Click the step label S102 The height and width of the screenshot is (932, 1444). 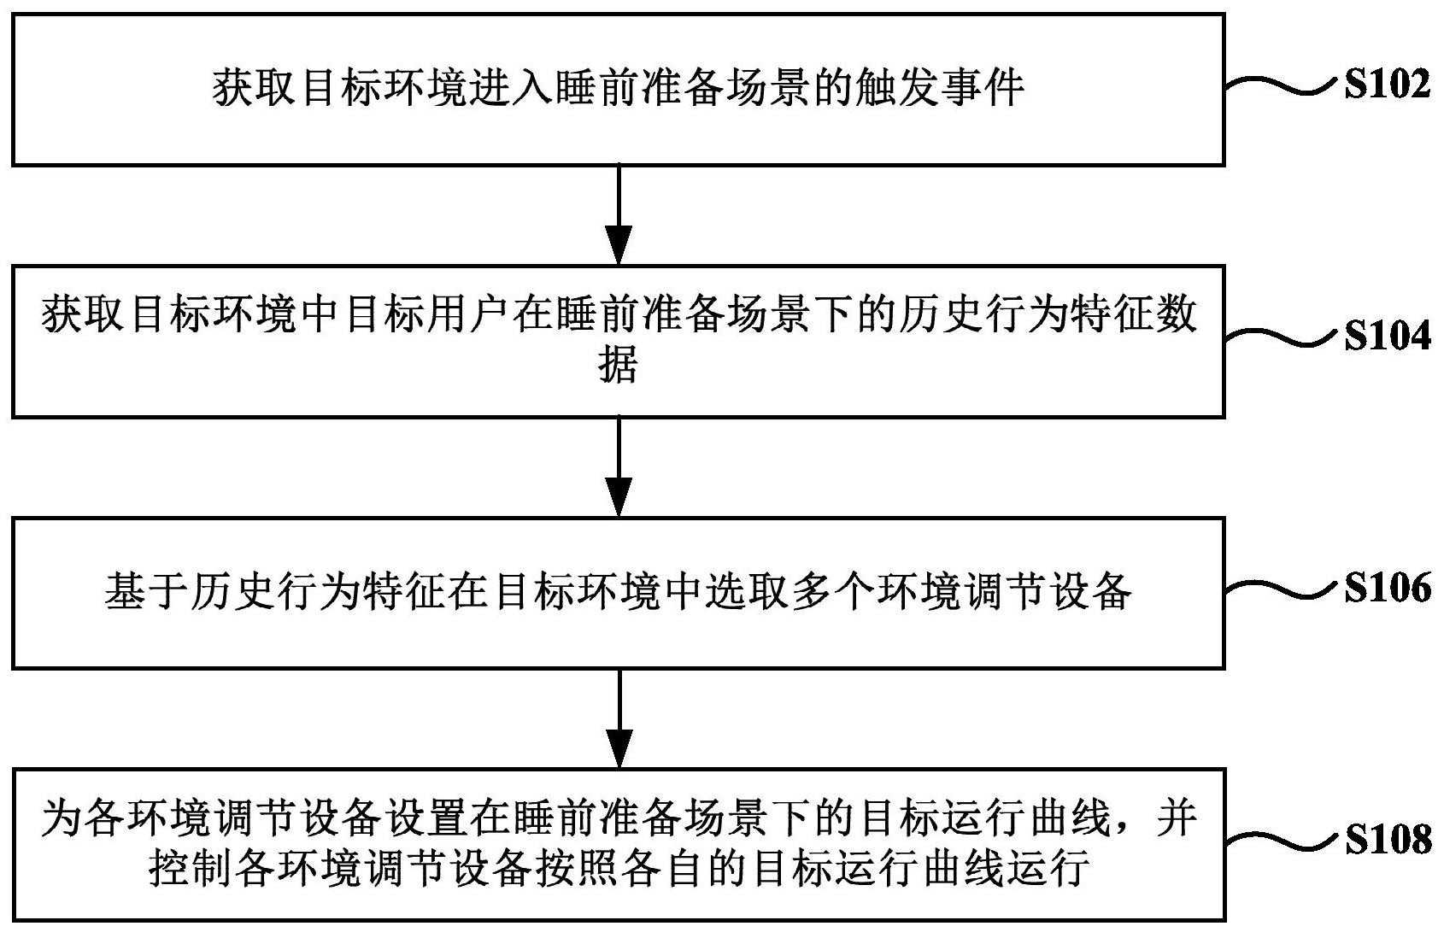point(1388,85)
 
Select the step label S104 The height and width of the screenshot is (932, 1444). point(1388,337)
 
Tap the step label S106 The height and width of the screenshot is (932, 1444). point(1388,588)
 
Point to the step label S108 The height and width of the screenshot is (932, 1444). point(1388,840)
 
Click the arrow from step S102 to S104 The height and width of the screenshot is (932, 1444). point(619,215)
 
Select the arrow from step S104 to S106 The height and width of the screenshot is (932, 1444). point(619,467)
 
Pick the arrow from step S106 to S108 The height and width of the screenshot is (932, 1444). point(619,718)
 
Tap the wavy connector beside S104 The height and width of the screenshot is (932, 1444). point(1280,338)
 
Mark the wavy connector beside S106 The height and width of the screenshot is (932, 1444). point(1280,589)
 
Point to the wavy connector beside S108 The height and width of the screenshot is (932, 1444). point(1280,841)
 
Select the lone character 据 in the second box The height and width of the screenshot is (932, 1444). point(619,364)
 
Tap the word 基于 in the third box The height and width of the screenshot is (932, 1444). point(146,590)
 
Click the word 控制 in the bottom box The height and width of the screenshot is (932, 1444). point(191,868)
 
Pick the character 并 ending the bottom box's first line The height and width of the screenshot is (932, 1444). point(1177,818)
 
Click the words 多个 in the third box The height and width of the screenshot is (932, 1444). point(832,590)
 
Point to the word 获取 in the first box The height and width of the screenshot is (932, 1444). point(254,87)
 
